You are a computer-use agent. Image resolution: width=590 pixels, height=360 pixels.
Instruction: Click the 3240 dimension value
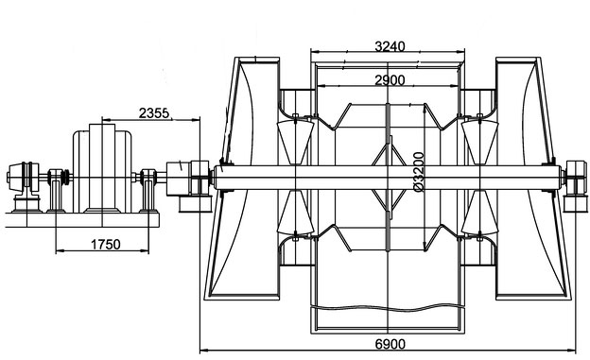(390, 46)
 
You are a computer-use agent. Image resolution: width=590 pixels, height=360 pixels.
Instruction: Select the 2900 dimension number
(390, 80)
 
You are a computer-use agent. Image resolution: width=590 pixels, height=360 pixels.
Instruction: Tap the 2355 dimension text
(154, 112)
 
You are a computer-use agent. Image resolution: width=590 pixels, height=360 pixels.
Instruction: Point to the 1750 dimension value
(106, 245)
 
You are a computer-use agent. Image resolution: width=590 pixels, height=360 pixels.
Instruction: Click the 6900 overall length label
(390, 344)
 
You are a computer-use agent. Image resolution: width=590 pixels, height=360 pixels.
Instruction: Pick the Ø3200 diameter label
(418, 172)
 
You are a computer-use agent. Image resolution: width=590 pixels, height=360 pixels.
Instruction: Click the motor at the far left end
(24, 178)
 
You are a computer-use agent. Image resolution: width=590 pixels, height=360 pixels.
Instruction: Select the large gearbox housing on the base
(102, 168)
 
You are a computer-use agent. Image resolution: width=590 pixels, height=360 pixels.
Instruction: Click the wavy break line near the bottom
(388, 308)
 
